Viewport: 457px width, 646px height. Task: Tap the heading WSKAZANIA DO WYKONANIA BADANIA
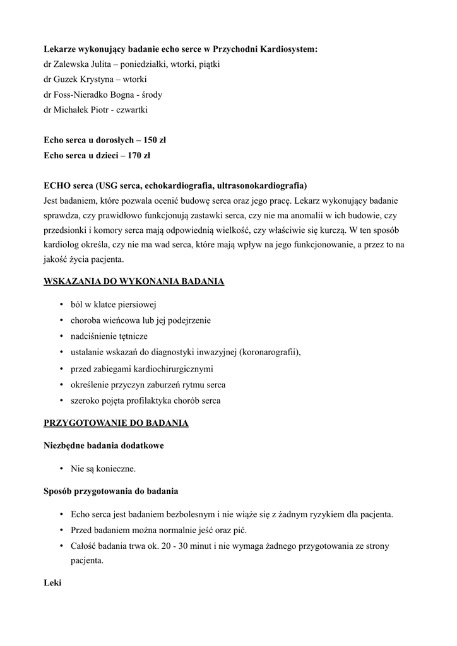point(134,281)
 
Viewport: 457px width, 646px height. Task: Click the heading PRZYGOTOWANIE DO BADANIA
point(116,423)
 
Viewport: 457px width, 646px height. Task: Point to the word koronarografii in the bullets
point(269,352)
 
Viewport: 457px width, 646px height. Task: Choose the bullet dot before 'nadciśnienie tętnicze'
point(62,336)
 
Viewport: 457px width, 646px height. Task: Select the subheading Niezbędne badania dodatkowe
point(104,445)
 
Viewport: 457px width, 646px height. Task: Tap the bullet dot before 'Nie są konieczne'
point(62,469)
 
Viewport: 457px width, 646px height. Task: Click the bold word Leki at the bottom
point(52,583)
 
